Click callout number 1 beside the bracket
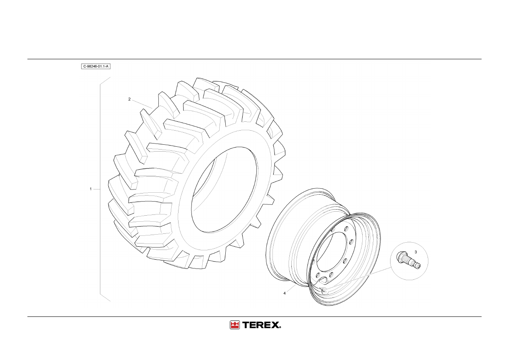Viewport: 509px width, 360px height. [91, 189]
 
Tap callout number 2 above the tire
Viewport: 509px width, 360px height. [129, 99]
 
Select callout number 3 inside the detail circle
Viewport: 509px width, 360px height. [416, 252]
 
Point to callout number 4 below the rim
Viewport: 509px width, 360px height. [285, 293]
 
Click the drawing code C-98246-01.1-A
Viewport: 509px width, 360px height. [96, 67]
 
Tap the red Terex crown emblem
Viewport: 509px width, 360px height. [235, 325]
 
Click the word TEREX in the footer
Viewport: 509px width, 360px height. [261, 325]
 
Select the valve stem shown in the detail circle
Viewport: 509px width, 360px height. [408, 261]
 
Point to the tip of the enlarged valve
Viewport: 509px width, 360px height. [419, 267]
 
